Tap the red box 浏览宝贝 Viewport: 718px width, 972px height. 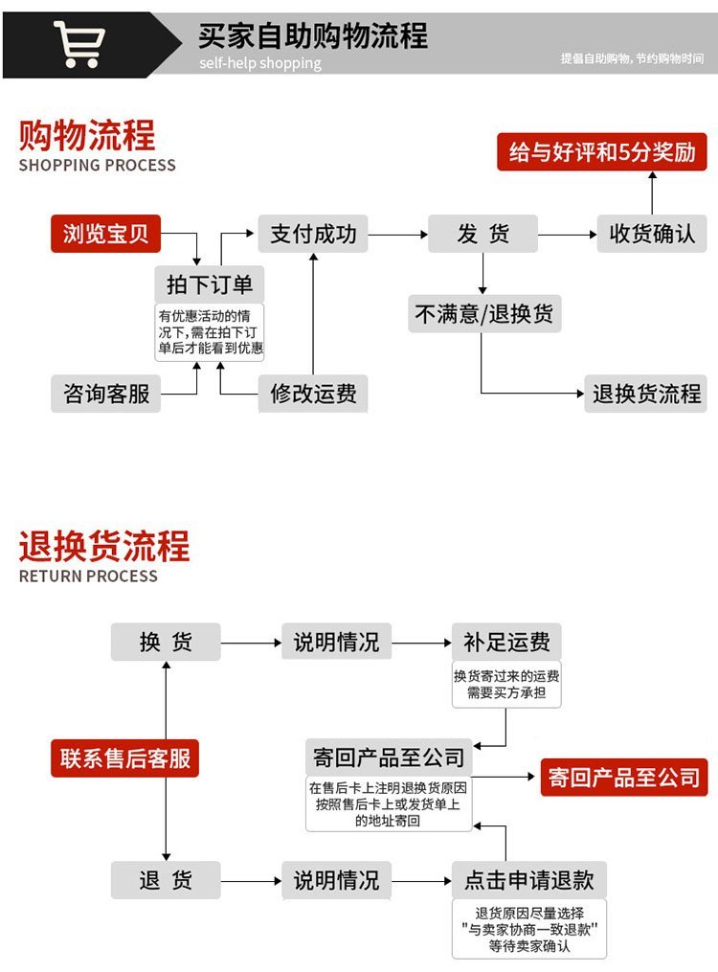tap(105, 234)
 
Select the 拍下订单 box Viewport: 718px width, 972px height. tap(210, 284)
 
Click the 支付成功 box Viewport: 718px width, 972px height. tap(313, 234)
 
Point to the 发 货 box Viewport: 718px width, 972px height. tap(482, 234)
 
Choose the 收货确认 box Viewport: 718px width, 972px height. tap(652, 234)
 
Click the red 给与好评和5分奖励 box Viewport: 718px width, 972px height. tap(601, 152)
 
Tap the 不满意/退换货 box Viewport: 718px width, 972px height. tap(483, 313)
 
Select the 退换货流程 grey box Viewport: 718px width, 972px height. tap(646, 393)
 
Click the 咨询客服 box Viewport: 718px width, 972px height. tap(105, 393)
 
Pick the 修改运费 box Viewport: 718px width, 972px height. tap(313, 393)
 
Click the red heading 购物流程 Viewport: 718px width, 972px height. tap(87, 135)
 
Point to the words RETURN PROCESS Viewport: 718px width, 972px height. tap(88, 576)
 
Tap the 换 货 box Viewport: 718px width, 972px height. tap(166, 642)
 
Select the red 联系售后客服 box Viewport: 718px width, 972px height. tap(124, 758)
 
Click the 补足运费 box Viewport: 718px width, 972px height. tap(506, 642)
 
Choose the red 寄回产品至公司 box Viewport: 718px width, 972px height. tap(623, 777)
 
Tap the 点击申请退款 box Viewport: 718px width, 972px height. tap(528, 879)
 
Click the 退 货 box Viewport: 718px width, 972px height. tap(166, 879)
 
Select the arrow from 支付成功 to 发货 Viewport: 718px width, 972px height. tap(397, 234)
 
